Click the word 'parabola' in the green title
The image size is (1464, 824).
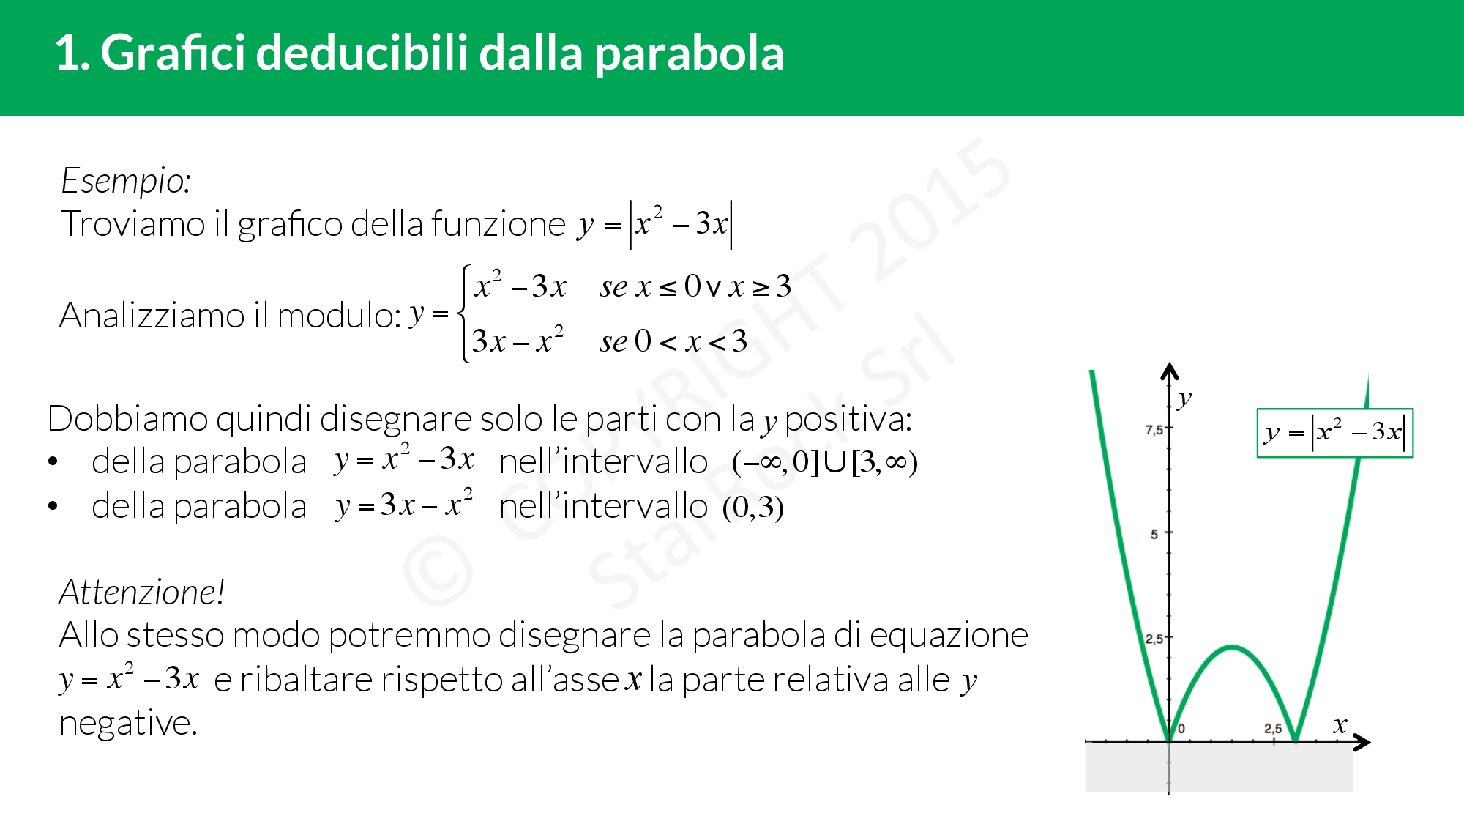coord(690,55)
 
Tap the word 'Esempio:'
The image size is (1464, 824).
coord(126,181)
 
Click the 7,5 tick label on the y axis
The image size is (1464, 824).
coord(1154,430)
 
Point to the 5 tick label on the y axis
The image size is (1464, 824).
coord(1154,535)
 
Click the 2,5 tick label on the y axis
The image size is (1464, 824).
coord(1154,639)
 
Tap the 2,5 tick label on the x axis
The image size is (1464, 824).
coord(1273,729)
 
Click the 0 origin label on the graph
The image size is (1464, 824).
coord(1181,729)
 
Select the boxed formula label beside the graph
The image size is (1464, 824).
coord(1335,433)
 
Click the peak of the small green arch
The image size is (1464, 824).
coord(1233,647)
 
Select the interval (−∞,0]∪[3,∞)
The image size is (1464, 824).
coord(825,462)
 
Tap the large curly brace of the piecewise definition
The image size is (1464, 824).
coord(463,313)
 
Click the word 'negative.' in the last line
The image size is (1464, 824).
coord(128,724)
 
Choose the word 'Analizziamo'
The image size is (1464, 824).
coord(152,316)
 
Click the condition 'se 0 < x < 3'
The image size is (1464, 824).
coord(673,341)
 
